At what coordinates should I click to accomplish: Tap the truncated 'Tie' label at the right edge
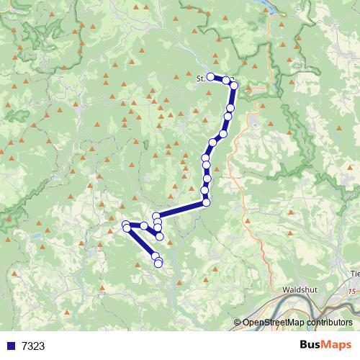(x=354, y=273)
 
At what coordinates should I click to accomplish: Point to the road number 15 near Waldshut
(x=351, y=292)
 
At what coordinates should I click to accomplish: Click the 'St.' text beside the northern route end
(x=201, y=78)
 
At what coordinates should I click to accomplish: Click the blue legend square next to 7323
(x=11, y=346)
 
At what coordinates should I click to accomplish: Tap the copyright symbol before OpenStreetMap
(x=238, y=323)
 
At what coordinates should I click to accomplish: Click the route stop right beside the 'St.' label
(x=210, y=76)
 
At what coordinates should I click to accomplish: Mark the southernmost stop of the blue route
(x=158, y=263)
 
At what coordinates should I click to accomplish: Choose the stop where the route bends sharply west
(x=206, y=202)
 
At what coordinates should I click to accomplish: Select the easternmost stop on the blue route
(x=234, y=86)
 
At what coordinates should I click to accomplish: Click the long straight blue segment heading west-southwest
(x=181, y=209)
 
